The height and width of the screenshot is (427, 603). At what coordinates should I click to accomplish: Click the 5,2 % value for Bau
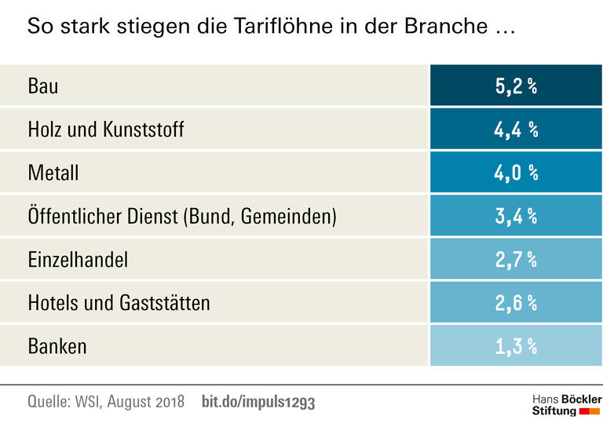point(516,86)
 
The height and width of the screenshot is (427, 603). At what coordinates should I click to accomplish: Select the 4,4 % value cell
point(516,130)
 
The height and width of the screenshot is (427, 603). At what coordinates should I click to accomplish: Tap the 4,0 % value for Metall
point(516,173)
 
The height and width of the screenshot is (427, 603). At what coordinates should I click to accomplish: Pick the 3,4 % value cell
point(516,216)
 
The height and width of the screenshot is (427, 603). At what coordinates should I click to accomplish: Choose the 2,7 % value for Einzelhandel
point(516,259)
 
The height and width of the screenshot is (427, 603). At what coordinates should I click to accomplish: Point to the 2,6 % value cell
point(516,302)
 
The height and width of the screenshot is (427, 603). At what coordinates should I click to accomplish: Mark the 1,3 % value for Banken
point(516,345)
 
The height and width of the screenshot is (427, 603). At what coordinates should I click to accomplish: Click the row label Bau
point(43,86)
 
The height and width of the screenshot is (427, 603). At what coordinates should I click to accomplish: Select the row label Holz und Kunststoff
point(106,130)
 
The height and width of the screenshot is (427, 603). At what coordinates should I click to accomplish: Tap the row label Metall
point(53,173)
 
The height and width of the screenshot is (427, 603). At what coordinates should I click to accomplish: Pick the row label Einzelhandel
point(78,259)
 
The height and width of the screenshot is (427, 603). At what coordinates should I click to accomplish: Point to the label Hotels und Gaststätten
point(119,302)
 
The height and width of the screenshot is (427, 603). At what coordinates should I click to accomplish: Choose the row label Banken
point(57,345)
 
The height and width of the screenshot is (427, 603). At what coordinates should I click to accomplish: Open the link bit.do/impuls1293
point(258,402)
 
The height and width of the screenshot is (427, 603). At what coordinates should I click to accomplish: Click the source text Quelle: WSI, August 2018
point(106,402)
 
